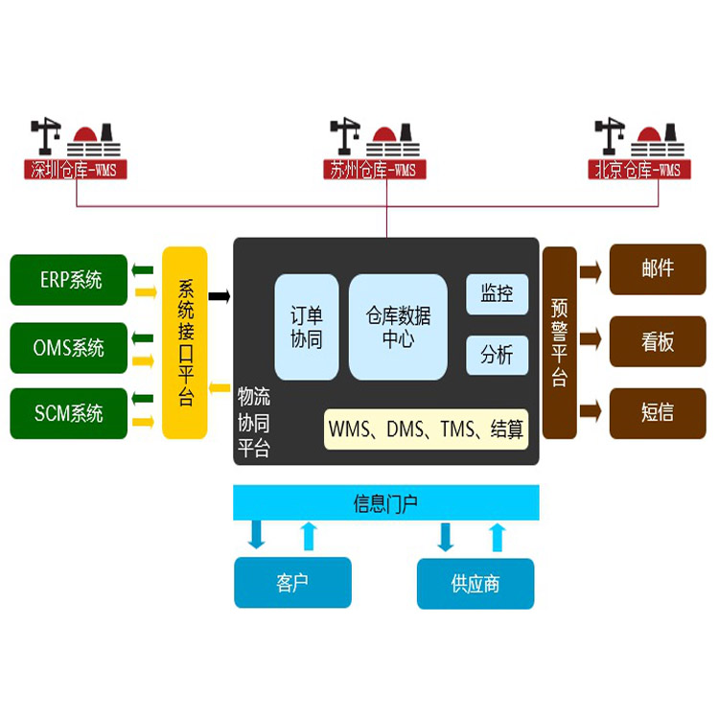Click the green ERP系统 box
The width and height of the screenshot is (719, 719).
point(69,280)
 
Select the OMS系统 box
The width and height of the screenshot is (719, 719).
point(69,347)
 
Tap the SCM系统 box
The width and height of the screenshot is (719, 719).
point(69,414)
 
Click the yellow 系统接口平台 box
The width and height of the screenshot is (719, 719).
point(185,342)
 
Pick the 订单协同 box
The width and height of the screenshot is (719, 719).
point(307,327)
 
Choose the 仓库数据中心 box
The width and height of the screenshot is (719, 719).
point(398,327)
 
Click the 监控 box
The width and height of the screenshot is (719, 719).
point(497,294)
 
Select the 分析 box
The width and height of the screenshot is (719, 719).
point(497,356)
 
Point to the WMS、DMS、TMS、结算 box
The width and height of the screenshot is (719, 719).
point(427,430)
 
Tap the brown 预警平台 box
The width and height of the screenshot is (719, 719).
point(560,342)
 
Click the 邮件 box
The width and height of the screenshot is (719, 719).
point(658,269)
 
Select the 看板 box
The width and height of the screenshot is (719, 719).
point(658,341)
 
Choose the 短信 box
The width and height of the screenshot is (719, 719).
point(658,412)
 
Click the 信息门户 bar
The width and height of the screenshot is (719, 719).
point(386,503)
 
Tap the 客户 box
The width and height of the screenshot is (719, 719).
point(292,583)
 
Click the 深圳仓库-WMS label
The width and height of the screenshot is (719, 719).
point(77,171)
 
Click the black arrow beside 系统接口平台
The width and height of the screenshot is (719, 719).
point(220,296)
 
